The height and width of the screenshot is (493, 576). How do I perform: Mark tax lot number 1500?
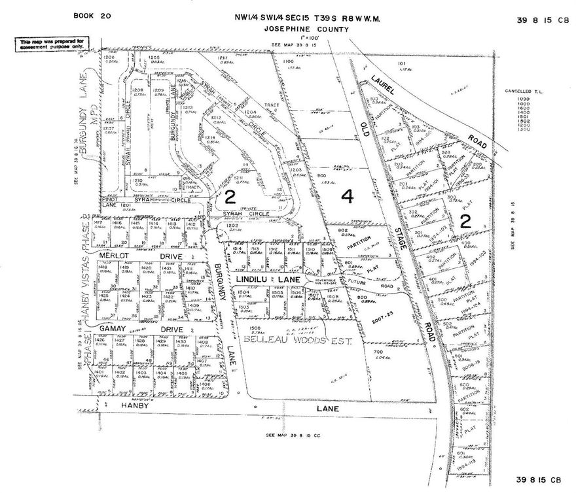click(255, 328)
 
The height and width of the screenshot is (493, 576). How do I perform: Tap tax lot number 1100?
click(288, 61)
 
